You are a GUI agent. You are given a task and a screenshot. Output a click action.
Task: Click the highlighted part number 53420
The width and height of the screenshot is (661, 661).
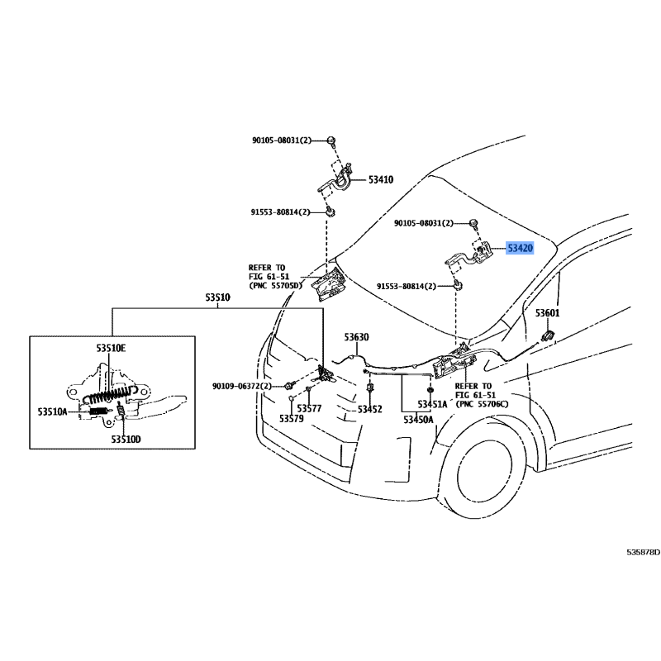coord(521,248)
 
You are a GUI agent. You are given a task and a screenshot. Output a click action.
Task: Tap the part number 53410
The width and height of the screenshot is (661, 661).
coord(381,179)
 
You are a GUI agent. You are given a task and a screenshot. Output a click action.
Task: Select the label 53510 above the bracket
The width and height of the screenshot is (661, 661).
coord(218,297)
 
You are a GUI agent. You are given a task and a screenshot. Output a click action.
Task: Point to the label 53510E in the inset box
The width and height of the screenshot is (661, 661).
coord(111,348)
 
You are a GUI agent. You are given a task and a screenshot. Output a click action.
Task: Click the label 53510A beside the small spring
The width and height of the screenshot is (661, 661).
coord(52,411)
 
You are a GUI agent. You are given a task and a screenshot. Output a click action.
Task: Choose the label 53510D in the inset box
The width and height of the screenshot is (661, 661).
coord(126,440)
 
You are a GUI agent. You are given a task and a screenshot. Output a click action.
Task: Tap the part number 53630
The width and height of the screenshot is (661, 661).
coord(356,337)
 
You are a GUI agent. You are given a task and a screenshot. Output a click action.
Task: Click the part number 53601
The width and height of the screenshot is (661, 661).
coord(548,313)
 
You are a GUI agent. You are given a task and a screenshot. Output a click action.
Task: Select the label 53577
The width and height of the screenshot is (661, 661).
coord(309,408)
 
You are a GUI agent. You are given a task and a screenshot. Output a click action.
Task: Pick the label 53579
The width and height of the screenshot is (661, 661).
coord(292,419)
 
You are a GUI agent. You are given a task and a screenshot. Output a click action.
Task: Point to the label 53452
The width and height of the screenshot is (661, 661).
coord(369,409)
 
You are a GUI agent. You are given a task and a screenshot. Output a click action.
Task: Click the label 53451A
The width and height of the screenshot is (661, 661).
coord(432,404)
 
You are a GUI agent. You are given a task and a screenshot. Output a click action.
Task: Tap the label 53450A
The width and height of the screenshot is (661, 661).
coord(418,420)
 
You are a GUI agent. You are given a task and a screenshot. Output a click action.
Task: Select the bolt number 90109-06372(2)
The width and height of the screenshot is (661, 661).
coord(242,386)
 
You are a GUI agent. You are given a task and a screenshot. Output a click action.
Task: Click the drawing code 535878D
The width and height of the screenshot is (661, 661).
coord(644,552)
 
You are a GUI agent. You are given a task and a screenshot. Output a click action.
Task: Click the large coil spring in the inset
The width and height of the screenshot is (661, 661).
coord(111,394)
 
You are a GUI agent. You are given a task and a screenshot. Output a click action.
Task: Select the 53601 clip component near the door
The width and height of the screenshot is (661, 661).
coord(547,336)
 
